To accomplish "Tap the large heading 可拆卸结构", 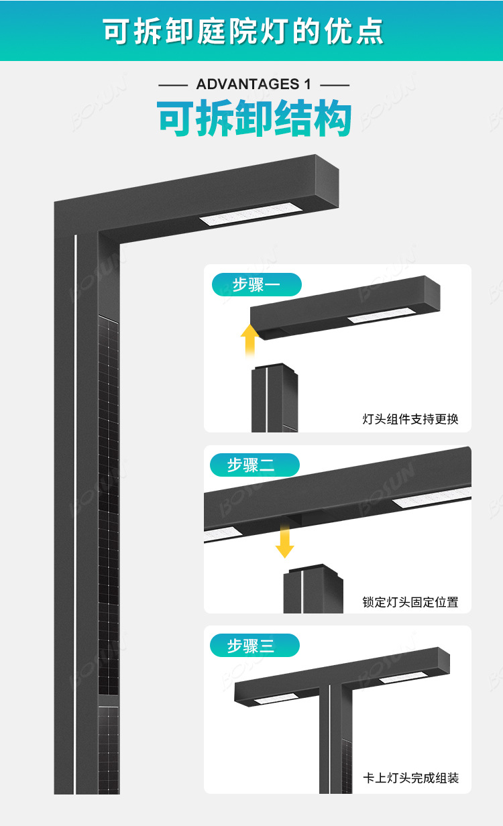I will (x=254, y=119).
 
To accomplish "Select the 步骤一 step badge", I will (x=256, y=285).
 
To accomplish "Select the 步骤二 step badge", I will (x=254, y=465).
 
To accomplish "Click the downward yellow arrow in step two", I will (x=284, y=542).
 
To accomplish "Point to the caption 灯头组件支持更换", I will (x=410, y=420).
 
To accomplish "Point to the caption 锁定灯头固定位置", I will (x=410, y=602).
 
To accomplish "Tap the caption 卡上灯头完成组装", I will (x=410, y=778).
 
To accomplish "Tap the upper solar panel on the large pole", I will (x=108, y=503).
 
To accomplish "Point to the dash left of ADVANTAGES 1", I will (x=172, y=85).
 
